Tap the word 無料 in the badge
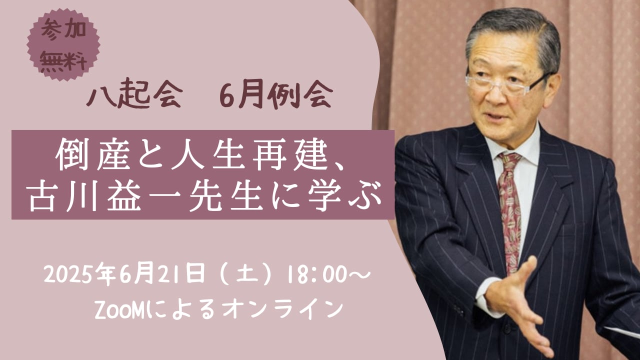click(x=63, y=61)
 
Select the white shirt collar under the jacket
click(x=514, y=145)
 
